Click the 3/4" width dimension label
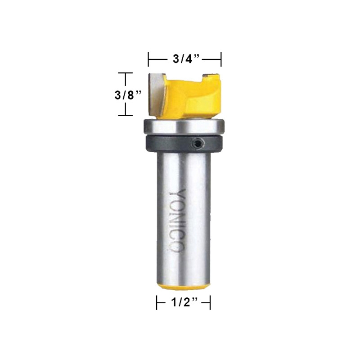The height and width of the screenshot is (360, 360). coord(185,58)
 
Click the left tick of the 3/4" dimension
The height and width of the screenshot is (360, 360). coord(149,58)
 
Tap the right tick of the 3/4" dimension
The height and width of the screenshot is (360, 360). coord(221,58)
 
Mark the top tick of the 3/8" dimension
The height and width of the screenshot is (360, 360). coord(125,73)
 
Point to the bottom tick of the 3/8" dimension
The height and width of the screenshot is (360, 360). coord(125,116)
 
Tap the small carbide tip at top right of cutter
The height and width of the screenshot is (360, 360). coord(209,76)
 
